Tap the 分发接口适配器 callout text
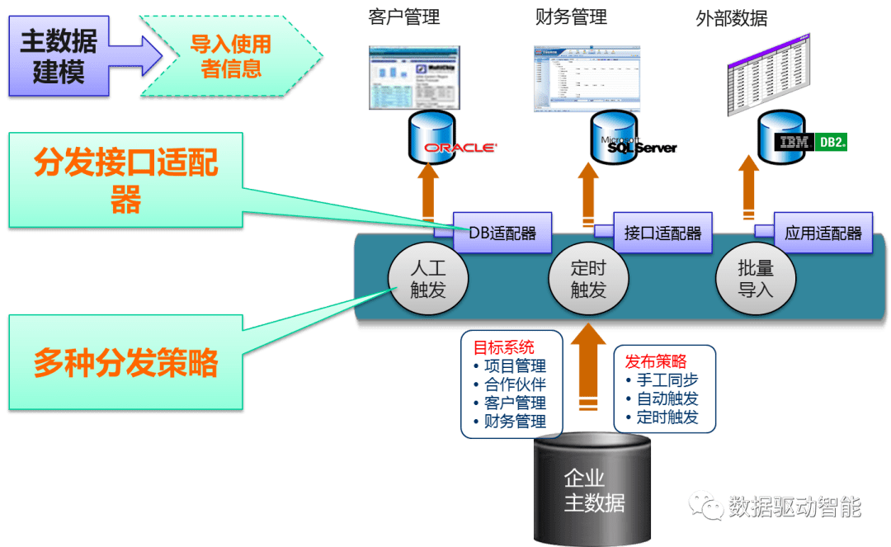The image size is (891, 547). (x=126, y=180)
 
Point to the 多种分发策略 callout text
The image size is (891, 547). (x=126, y=363)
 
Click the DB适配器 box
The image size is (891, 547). (x=502, y=233)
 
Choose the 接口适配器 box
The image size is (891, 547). (x=662, y=233)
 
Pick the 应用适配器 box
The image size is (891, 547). (x=823, y=233)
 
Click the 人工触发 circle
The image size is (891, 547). (x=428, y=278)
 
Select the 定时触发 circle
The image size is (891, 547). (x=588, y=278)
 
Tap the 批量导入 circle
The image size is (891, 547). (x=756, y=278)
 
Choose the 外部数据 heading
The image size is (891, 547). (x=731, y=18)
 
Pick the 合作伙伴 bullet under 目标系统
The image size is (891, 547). (x=514, y=384)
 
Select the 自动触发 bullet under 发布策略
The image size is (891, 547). (x=667, y=398)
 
